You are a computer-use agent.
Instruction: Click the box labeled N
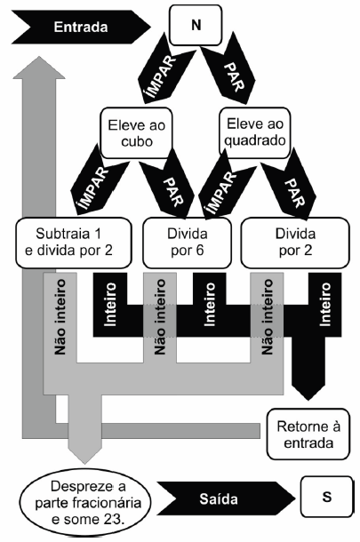click(x=196, y=25)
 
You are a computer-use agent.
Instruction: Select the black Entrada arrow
click(x=81, y=27)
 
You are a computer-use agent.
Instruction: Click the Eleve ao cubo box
click(x=136, y=133)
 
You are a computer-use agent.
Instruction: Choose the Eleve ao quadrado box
click(x=255, y=132)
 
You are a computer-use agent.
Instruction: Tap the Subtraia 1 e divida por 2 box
click(x=74, y=243)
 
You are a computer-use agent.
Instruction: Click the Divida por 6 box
click(x=187, y=243)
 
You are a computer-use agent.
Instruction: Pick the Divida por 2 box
click(x=295, y=243)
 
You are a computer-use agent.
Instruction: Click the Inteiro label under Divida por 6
click(x=210, y=304)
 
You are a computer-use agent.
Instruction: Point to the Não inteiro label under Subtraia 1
click(x=60, y=317)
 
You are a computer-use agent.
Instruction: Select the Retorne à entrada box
click(x=308, y=434)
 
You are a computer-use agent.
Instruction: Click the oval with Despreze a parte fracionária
click(x=85, y=503)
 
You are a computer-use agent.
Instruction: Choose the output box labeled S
click(x=327, y=497)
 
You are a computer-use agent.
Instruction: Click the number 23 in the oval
click(x=112, y=520)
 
